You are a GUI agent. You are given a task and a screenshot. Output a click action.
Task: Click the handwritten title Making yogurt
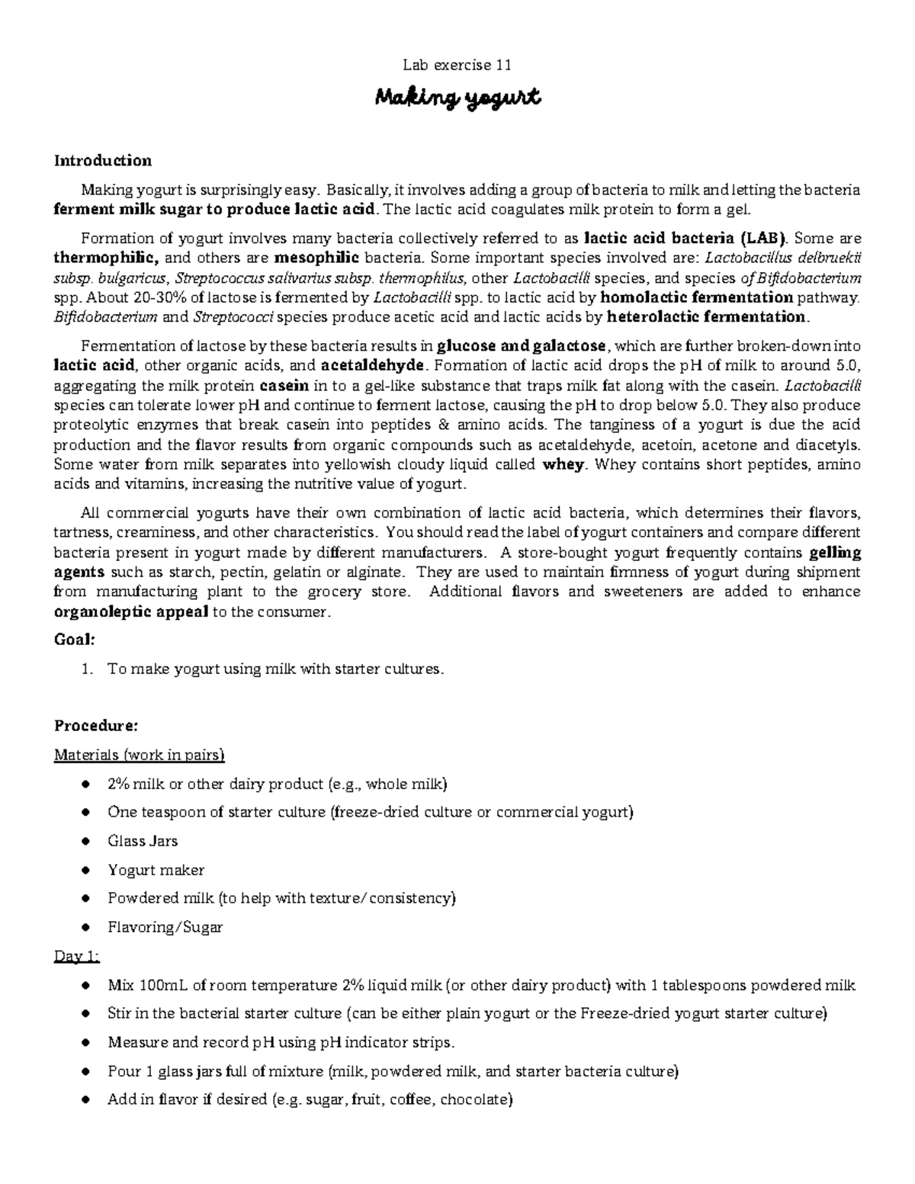pos(457,98)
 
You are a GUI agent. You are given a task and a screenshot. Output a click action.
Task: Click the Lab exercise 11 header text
pos(457,66)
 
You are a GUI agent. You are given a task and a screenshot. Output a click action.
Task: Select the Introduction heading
pos(102,160)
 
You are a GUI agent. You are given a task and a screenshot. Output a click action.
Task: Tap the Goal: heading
pos(75,639)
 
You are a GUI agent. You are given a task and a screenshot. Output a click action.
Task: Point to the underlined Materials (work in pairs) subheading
pos(139,755)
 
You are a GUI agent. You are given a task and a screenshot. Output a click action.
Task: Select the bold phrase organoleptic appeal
pos(130,611)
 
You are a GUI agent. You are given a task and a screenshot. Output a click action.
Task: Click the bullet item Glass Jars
pos(143,841)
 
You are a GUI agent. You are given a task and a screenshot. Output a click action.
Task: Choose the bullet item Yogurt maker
pos(156,870)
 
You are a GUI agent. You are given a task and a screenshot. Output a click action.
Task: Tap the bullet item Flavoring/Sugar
pos(165,927)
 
